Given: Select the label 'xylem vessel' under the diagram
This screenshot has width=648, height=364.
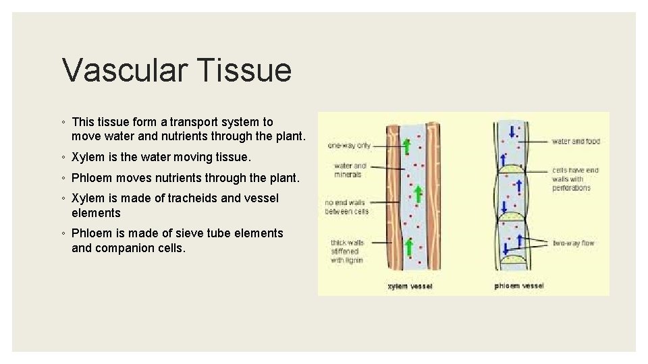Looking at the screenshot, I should point(410,286).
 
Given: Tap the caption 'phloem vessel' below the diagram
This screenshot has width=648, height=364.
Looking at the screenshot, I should point(518,286).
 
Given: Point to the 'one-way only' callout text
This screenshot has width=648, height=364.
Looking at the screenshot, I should point(349,145).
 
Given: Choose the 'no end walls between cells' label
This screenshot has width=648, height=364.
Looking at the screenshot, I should point(346,207).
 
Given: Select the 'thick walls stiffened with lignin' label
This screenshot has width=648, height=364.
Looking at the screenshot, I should point(347,251).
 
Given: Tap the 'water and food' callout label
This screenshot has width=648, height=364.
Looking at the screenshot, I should point(575,142).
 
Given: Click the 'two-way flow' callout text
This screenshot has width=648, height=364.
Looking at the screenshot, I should point(574,243).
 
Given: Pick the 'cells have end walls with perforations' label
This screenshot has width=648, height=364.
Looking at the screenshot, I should point(575,179).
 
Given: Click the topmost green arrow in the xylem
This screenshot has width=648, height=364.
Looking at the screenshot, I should point(406,146).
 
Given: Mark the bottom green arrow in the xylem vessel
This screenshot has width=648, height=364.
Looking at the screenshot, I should point(408,247).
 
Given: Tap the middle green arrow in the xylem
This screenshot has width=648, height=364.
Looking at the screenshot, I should point(418,193).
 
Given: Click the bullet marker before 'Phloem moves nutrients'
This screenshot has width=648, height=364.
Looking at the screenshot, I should point(63,179).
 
